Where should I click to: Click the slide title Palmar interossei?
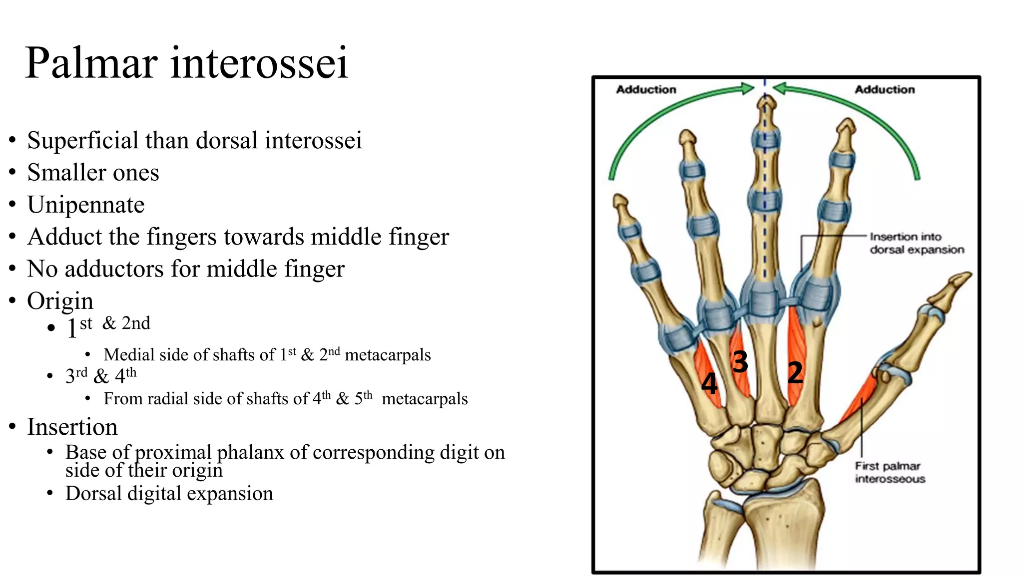(x=186, y=63)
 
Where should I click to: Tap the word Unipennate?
(x=86, y=205)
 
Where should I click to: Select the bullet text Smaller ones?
(x=93, y=173)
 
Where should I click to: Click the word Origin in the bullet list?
(x=60, y=301)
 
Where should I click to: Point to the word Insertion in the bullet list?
(x=72, y=427)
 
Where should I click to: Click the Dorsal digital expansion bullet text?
(x=169, y=494)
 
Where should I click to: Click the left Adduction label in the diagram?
(x=646, y=90)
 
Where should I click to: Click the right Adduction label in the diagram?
(x=885, y=90)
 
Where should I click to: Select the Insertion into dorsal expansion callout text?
(x=916, y=243)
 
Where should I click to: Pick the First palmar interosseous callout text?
(x=890, y=472)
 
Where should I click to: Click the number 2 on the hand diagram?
(x=795, y=373)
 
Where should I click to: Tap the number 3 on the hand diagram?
(x=740, y=361)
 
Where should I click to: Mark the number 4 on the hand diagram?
(x=709, y=383)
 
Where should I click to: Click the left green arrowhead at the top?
(x=748, y=89)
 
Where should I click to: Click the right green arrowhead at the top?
(x=780, y=89)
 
